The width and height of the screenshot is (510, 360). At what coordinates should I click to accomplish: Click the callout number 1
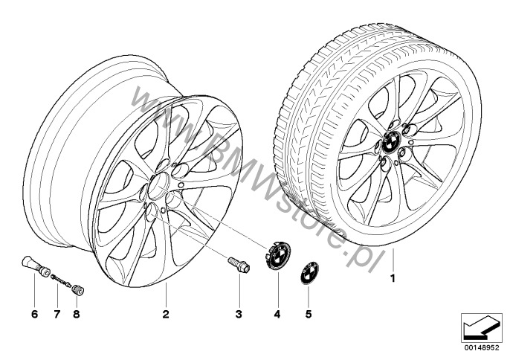click(x=393, y=279)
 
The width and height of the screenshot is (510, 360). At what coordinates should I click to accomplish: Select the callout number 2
click(x=166, y=314)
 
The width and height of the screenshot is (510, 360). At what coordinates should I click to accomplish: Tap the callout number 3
click(x=239, y=314)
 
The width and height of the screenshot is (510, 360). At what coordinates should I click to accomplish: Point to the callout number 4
click(x=277, y=314)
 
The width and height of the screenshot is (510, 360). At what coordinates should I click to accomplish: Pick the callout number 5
click(x=309, y=314)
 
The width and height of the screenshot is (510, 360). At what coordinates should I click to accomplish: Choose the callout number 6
click(x=34, y=314)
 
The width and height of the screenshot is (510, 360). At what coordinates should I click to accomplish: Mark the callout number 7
click(x=57, y=314)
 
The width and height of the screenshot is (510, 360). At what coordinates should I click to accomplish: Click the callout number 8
click(x=77, y=314)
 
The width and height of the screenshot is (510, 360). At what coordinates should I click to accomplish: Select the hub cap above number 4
click(x=277, y=256)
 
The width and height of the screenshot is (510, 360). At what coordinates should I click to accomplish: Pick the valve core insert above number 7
click(x=61, y=280)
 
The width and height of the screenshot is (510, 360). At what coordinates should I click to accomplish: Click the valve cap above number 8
click(x=78, y=289)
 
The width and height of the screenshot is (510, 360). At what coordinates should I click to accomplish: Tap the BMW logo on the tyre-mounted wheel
click(x=391, y=141)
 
